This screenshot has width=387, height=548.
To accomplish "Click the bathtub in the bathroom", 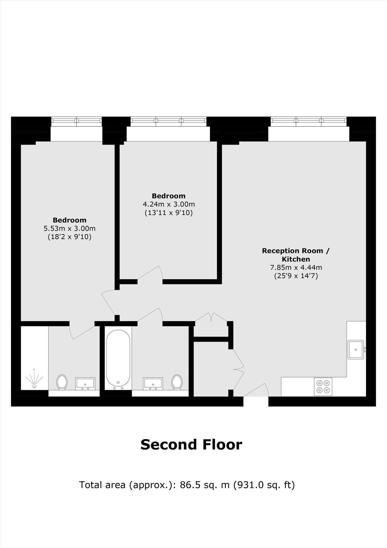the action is coord(118,359).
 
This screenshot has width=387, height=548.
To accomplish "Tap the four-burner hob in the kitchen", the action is coord(323,387).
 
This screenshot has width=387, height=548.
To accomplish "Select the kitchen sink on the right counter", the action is coord(356,350).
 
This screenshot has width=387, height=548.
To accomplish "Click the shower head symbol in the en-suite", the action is coord(35,379).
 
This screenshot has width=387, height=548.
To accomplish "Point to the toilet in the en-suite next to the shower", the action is coord(62,382).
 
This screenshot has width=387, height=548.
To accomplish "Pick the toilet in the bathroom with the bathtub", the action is coord(177,382).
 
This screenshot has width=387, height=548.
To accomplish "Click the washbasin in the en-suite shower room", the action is coord(85,384).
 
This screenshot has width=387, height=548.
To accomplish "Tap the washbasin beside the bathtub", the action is coord(153,384).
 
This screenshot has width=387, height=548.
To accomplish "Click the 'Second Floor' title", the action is coord(191,444).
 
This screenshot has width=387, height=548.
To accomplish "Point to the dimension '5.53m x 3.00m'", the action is coord(70,228).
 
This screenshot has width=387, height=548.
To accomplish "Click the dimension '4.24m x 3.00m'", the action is coord(169,204).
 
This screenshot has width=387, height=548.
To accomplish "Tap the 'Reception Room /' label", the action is coord(296,251).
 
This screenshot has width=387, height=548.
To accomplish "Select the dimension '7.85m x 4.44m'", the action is coord(296,267).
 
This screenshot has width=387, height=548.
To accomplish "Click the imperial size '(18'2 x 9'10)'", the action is coord(70,237).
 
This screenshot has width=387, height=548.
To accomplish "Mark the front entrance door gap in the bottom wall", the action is coord(256,401).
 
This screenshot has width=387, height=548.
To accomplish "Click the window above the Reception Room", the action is coord(309,122).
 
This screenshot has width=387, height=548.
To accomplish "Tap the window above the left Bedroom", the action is coord(76,122).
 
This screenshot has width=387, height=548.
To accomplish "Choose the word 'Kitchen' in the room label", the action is coord(296,259).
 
